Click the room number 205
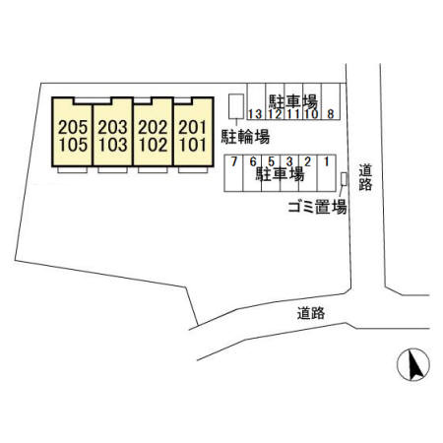[x=73, y=127]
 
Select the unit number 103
[x=112, y=145]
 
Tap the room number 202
[x=153, y=127]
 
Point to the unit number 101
[x=193, y=145]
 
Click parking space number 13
[x=255, y=114]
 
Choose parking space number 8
[x=331, y=114]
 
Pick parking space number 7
[x=233, y=161]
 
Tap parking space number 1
[x=327, y=161]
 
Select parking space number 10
[x=311, y=114]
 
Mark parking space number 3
[x=289, y=161]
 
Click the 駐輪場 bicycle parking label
[x=245, y=137]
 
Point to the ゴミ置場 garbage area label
[x=317, y=207]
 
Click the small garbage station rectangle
[x=344, y=179]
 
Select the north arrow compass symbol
[x=413, y=364]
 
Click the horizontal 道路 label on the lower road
[x=311, y=313]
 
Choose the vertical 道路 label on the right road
[x=365, y=177]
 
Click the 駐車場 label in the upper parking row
[x=293, y=101]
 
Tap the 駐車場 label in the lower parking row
[x=280, y=174]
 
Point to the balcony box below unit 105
[x=73, y=170]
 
